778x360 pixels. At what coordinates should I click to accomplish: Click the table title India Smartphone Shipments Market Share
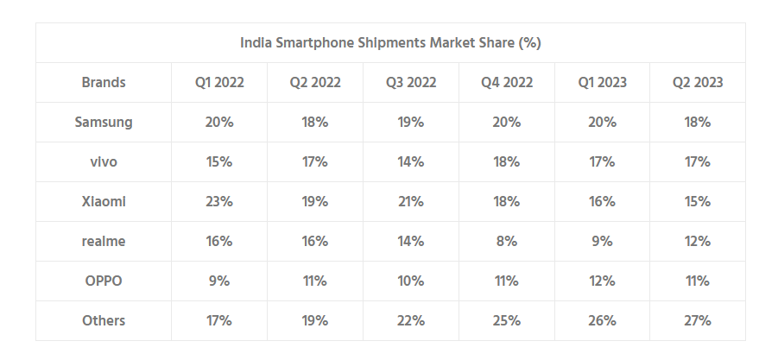(x=390, y=42)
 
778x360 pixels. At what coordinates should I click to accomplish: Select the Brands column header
(x=104, y=83)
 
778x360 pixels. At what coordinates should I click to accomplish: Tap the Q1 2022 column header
(x=219, y=83)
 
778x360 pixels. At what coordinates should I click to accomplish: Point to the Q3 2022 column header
(x=411, y=83)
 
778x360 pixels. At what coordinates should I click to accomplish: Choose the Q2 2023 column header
(x=698, y=83)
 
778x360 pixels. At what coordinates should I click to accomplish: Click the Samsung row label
(x=104, y=123)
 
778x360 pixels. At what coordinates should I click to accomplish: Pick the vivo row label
(x=104, y=162)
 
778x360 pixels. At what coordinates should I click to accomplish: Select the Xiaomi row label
(x=104, y=202)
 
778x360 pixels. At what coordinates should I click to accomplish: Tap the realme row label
(x=104, y=242)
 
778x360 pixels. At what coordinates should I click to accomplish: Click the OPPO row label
(x=104, y=281)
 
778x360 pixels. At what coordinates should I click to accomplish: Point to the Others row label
(x=104, y=321)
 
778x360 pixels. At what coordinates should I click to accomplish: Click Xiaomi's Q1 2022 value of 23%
(x=219, y=202)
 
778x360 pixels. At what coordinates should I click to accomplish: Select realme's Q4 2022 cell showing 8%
(x=507, y=242)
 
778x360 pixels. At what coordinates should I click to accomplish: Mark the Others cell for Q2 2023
(x=698, y=321)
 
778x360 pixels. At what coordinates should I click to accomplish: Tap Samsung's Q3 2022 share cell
(x=411, y=123)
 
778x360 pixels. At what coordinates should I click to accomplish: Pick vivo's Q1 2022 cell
(x=219, y=162)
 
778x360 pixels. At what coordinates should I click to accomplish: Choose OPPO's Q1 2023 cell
(x=603, y=281)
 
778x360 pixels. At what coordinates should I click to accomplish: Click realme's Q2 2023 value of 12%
(x=698, y=242)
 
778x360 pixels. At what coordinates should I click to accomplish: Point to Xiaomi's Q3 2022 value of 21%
(x=411, y=202)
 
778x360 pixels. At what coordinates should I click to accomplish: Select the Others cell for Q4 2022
(x=507, y=321)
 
